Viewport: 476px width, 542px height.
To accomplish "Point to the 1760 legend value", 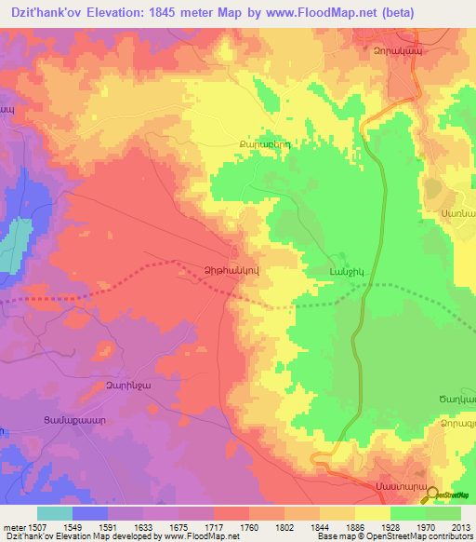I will (248, 528).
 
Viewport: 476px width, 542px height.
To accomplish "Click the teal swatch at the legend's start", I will (54, 513).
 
